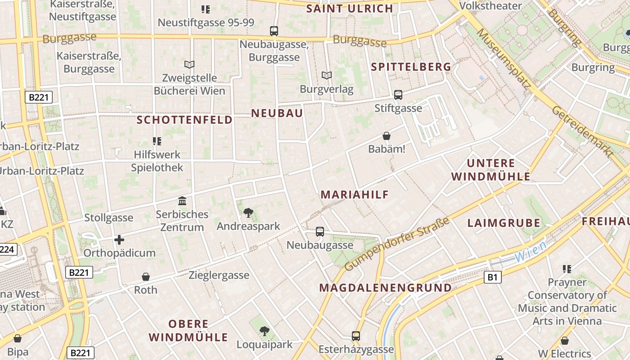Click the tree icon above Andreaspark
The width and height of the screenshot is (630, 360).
247,212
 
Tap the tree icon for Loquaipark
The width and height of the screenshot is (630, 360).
265,331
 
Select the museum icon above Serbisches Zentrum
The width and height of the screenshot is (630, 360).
182,201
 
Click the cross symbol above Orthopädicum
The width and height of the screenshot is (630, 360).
119,240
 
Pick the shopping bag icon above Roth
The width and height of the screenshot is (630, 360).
145,276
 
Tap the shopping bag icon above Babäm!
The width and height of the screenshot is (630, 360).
387,135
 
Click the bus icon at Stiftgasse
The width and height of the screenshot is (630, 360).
398,94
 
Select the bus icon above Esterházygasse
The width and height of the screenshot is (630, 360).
356,336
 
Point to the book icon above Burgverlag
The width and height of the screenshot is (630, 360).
327,75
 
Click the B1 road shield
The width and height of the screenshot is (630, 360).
493,277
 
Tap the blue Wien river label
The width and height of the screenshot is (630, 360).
531,252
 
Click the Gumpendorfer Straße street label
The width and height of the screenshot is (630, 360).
397,244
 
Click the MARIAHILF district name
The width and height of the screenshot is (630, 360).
355,194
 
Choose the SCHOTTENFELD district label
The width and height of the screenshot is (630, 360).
184,120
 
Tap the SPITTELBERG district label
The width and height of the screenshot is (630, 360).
411,67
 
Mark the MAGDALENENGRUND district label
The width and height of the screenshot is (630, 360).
385,288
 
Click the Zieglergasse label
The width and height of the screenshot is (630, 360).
219,275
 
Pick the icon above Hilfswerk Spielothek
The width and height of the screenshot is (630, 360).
157,141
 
